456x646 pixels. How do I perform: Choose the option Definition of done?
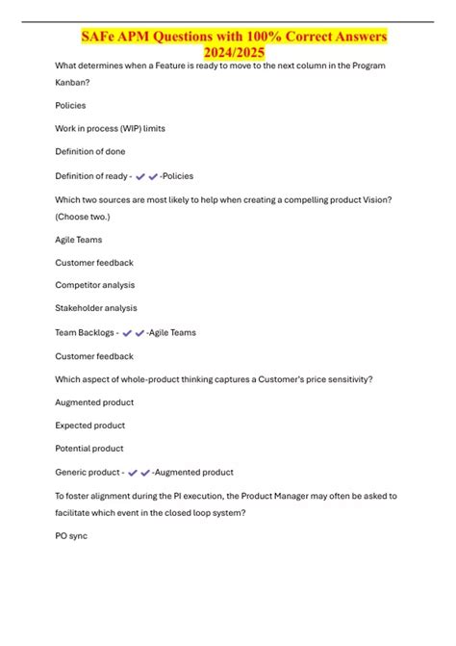(90, 152)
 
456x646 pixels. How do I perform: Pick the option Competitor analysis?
(95, 285)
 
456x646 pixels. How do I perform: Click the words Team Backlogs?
(86, 333)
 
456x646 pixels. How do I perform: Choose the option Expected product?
(90, 426)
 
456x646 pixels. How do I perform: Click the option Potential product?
(89, 449)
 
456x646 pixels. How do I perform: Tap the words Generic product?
(88, 473)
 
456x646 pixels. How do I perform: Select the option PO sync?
(71, 535)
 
